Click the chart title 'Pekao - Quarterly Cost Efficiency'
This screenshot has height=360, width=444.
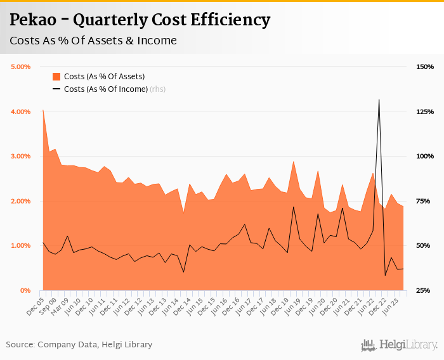point(140,20)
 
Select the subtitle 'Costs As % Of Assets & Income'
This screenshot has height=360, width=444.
point(93,41)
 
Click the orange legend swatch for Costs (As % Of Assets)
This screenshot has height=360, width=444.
point(56,77)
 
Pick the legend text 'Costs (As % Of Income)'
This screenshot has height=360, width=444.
point(106,89)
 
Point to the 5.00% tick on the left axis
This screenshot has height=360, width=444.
point(21,67)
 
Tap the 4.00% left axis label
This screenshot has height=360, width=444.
point(21,112)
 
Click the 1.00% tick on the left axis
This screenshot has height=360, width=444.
point(21,245)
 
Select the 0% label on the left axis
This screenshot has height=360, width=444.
point(26,290)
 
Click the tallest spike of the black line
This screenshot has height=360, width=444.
point(379,100)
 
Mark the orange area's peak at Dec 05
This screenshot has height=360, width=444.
point(43,110)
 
